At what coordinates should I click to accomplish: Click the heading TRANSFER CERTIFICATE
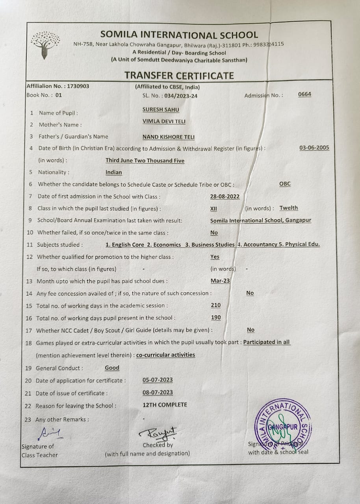pyautogui.click(x=179, y=75)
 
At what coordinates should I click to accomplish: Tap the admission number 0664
pyautogui.click(x=304, y=94)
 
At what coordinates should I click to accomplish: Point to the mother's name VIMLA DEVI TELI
pyautogui.click(x=164, y=122)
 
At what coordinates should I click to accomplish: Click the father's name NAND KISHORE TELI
pyautogui.click(x=169, y=137)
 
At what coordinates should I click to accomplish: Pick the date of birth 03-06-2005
pyautogui.click(x=314, y=148)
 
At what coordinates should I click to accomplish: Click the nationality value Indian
pyautogui.click(x=114, y=172)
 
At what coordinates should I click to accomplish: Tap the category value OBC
pyautogui.click(x=285, y=184)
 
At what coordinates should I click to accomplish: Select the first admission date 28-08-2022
pyautogui.click(x=225, y=196)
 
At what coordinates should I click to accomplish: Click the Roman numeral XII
pyautogui.click(x=214, y=209)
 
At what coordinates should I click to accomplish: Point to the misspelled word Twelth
pyautogui.click(x=289, y=208)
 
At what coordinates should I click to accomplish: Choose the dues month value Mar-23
pyautogui.click(x=220, y=281)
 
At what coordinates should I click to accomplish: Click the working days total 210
pyautogui.click(x=216, y=305)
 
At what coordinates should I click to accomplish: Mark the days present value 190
pyautogui.click(x=216, y=317)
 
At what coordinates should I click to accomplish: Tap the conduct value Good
pyautogui.click(x=112, y=368)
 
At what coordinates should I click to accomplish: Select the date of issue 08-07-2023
pyautogui.click(x=158, y=393)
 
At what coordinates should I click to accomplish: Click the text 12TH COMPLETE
pyautogui.click(x=165, y=405)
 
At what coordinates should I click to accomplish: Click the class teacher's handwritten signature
pyautogui.click(x=50, y=433)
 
